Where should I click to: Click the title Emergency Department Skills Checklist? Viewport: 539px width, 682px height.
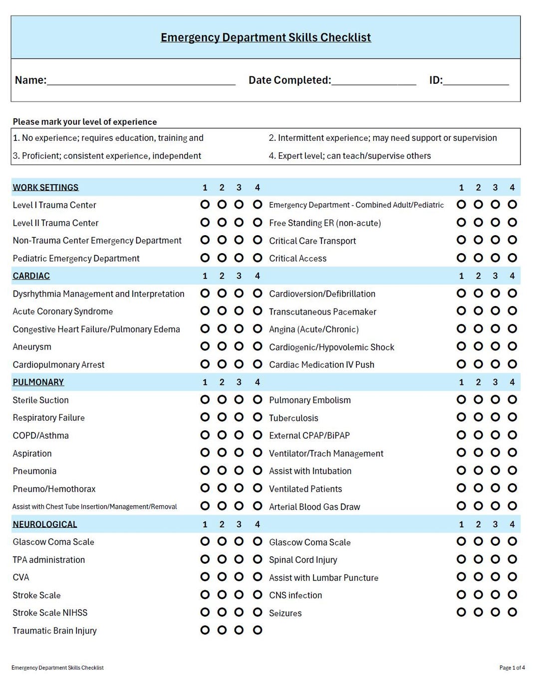point(266,37)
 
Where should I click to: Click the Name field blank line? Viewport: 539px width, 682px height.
point(141,81)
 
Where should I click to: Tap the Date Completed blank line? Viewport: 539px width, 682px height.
point(373,81)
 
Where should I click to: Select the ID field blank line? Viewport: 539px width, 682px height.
point(476,81)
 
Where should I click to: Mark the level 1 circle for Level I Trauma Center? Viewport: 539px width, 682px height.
point(205,205)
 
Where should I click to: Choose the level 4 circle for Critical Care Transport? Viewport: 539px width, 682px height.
point(512,240)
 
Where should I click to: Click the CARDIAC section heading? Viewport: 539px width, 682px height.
point(31,276)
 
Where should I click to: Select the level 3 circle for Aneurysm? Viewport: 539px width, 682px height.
point(239,346)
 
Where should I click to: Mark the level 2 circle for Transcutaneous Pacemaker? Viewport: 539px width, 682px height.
point(478,311)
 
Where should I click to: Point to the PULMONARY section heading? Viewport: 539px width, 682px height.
point(38,382)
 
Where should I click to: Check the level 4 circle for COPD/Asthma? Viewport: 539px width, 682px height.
point(258,435)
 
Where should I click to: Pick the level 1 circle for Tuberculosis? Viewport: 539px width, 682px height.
point(461,417)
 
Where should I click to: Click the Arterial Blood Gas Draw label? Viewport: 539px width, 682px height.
point(314,507)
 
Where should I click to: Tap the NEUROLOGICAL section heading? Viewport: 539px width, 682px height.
point(44,524)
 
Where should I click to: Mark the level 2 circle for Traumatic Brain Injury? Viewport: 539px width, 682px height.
point(222,630)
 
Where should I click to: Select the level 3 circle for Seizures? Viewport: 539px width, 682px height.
point(495,613)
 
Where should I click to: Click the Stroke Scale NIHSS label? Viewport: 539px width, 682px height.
point(50,613)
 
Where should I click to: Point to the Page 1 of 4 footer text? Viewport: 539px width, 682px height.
point(512,668)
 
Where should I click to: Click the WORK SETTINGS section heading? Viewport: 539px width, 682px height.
point(45,188)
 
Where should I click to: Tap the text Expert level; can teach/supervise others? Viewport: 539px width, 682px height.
point(349,156)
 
